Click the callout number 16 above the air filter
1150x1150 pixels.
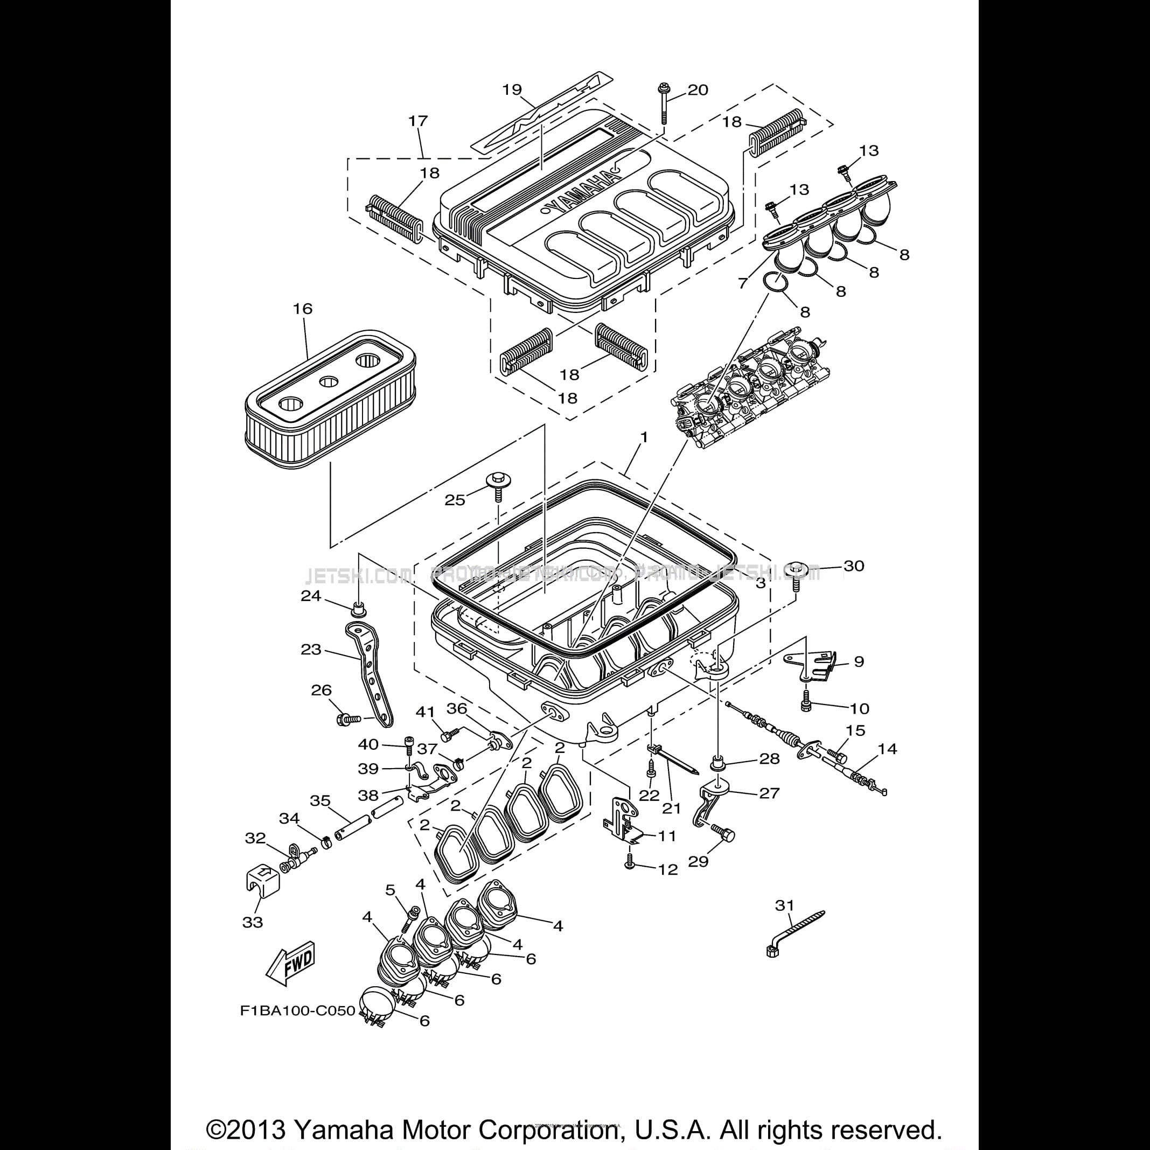[302, 309]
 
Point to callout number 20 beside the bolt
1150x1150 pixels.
[698, 90]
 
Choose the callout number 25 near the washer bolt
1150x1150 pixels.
[455, 500]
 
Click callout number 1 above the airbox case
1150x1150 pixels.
[644, 437]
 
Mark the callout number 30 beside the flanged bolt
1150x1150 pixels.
[854, 566]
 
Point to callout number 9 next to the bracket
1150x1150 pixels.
[859, 661]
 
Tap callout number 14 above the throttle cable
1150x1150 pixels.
[887, 749]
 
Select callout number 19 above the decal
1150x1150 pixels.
[512, 90]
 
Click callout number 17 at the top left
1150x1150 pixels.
[418, 121]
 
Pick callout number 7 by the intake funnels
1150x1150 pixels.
[742, 283]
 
